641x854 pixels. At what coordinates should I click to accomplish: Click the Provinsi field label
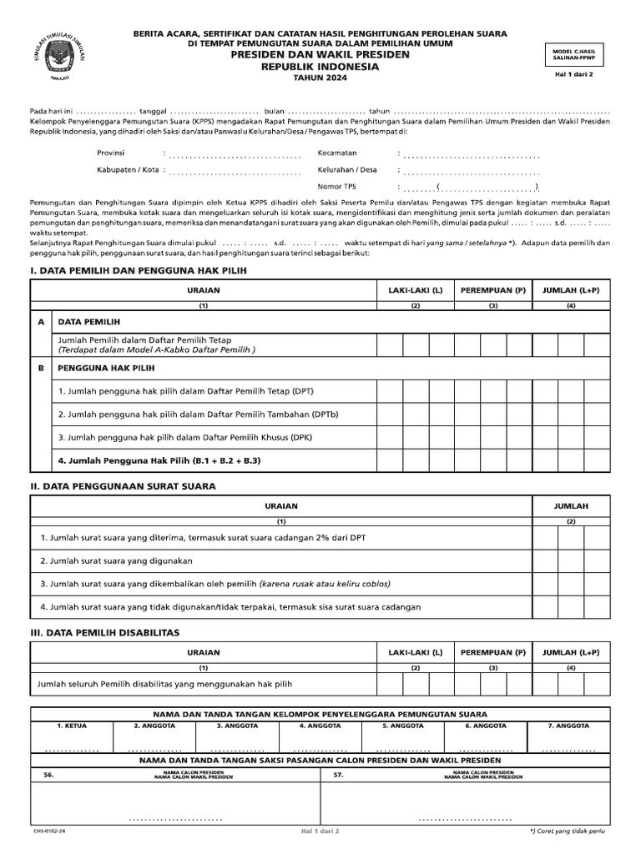point(111,153)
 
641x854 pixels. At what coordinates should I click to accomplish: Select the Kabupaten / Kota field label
point(128,170)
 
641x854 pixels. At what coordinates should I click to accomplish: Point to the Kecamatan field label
point(337,153)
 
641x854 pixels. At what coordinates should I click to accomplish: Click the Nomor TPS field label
point(336,186)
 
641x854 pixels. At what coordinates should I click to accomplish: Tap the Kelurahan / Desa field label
point(347,169)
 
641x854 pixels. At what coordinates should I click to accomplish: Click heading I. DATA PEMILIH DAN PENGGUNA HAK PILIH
point(139,271)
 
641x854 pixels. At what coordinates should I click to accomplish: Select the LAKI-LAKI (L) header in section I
point(415,290)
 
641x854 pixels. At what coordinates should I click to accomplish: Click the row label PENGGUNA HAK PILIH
point(106,367)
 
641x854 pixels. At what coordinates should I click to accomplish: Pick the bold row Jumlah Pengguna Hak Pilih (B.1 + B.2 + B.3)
point(159,460)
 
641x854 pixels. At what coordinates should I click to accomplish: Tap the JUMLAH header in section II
point(572,506)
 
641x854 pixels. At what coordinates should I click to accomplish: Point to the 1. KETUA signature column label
point(72,726)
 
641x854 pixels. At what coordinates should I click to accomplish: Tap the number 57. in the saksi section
point(339,775)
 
